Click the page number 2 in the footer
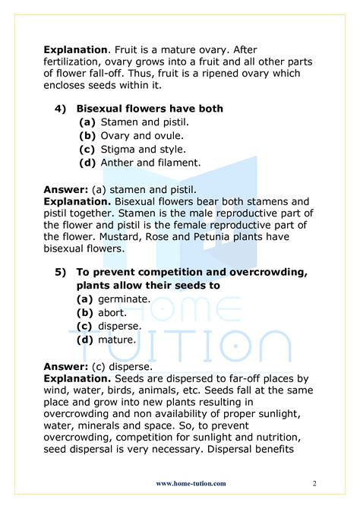coord(314,483)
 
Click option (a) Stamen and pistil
coord(134,122)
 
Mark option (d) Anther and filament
coord(140,163)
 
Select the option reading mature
coord(109,340)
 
